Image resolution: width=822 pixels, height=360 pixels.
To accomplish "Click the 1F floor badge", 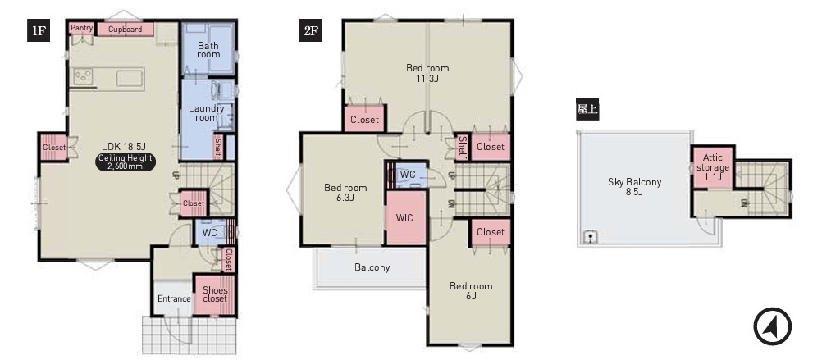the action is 39,30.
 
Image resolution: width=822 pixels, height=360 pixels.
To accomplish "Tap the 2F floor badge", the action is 310,30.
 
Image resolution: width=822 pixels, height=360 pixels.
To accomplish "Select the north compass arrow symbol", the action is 772,326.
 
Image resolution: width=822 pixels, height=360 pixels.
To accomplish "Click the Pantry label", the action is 82,27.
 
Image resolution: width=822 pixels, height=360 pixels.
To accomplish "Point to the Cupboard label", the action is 125,30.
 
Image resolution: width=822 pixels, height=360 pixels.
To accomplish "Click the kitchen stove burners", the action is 82,77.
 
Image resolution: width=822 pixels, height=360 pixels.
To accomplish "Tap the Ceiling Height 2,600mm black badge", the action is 126,162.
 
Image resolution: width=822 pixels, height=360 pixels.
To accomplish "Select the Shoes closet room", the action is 214,294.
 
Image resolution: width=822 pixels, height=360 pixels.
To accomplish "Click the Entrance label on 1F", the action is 174,298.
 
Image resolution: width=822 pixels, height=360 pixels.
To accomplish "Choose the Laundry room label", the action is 207,112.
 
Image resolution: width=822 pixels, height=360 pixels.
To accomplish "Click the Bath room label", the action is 208,50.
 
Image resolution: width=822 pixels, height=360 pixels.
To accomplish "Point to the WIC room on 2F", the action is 405,217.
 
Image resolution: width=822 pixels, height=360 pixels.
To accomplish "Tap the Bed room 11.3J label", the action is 427,73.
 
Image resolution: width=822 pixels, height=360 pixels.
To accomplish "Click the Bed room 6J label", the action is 471,291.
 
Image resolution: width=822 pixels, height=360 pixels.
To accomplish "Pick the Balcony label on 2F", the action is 372,267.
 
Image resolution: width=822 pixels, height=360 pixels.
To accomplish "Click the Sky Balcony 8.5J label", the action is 634,186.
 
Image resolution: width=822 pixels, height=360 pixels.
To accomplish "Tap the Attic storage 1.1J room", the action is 712,167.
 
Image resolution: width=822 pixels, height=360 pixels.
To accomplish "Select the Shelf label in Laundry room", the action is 218,148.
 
